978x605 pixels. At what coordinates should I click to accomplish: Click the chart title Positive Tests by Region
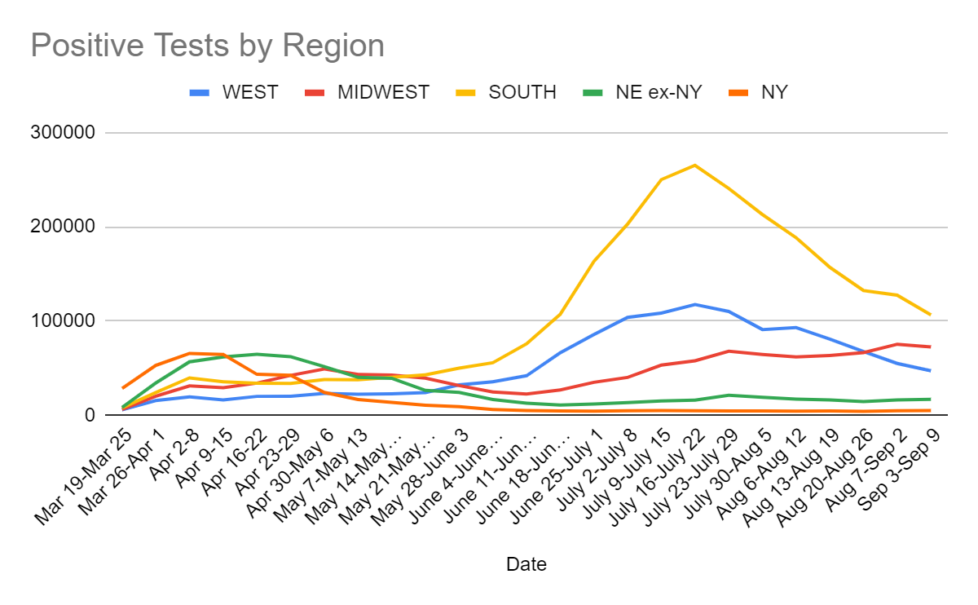pyautogui.click(x=207, y=46)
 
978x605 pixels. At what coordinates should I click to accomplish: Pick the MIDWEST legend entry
pyautogui.click(x=383, y=92)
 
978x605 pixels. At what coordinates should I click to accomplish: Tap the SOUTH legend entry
pyautogui.click(x=522, y=92)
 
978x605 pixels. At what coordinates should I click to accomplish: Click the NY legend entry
pyautogui.click(x=774, y=92)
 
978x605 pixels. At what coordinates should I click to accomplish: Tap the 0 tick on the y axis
pyautogui.click(x=90, y=415)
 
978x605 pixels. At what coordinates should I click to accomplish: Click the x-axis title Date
pyautogui.click(x=526, y=563)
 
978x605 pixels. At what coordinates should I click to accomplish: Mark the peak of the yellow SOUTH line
pyautogui.click(x=694, y=166)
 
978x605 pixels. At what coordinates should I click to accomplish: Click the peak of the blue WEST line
pyautogui.click(x=694, y=304)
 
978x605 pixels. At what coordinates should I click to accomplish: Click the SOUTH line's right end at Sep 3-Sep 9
pyautogui.click(x=931, y=315)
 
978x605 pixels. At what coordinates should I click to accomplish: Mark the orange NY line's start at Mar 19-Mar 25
pyautogui.click(x=123, y=388)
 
